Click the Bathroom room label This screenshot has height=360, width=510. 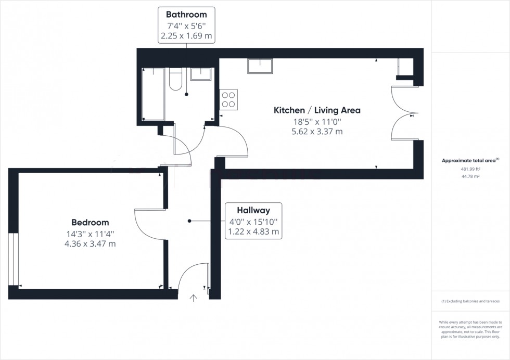tap(186, 15)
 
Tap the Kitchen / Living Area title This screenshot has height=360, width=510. tap(317, 110)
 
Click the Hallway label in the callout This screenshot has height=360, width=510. tap(253, 211)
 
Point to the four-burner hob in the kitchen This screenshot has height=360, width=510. tap(229, 99)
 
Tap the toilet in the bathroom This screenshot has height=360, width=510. tap(176, 79)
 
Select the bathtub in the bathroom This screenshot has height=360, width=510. tap(153, 94)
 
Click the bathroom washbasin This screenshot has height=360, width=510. tap(200, 74)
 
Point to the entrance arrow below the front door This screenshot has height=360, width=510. tap(194, 298)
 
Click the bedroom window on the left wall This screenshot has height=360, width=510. tap(14, 259)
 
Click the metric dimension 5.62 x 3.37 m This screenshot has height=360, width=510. tap(317, 132)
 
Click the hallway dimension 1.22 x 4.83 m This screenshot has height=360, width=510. tap(253, 232)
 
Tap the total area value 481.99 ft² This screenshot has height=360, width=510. tap(470, 169)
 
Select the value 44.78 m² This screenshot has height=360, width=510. tap(470, 176)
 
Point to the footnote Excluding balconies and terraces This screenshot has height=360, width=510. tap(470, 301)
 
